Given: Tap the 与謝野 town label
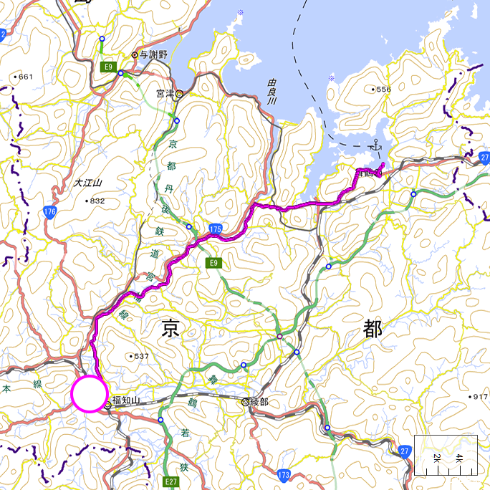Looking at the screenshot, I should point(153,54).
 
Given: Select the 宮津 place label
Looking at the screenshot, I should point(165,93).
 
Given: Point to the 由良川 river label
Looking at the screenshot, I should point(271,92).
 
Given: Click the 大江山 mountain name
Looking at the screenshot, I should point(88,183).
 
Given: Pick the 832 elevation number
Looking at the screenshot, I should point(97,201).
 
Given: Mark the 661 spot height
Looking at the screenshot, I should point(25,77).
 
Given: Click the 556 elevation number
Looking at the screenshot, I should point(383,90).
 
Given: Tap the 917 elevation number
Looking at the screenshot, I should point(479,397).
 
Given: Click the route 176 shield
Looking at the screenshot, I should point(49,212).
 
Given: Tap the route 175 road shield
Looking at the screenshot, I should point(216,229).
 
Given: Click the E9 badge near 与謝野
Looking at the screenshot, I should point(108,67).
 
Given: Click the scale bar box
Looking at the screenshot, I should point(446,455).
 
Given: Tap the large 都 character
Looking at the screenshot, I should point(372,330).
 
